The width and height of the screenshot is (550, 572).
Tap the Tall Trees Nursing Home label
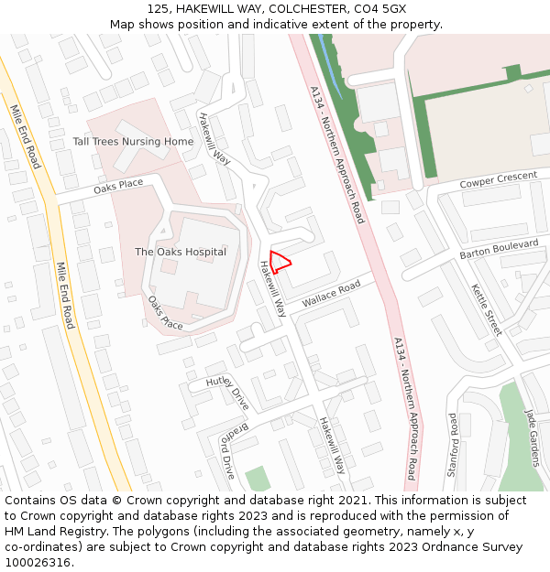point(133,142)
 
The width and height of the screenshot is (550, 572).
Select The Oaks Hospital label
point(181,252)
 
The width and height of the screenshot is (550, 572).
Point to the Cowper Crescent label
point(498,179)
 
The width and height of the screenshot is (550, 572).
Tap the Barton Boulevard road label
point(500,249)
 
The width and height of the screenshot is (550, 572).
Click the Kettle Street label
point(487,308)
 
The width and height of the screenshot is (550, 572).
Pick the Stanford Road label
point(453,445)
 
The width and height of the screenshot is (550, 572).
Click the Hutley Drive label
point(227,393)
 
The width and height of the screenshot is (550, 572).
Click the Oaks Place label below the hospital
point(165,313)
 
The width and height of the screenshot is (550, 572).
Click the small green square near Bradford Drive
point(258,478)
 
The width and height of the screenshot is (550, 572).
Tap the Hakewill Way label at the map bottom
point(332,445)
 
